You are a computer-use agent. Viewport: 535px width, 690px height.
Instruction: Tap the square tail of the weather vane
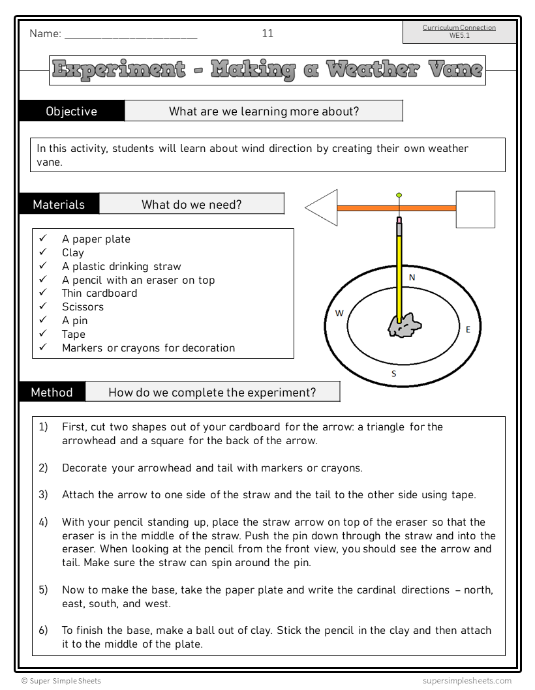point(475,209)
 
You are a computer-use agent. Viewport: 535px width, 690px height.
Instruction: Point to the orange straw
point(396,209)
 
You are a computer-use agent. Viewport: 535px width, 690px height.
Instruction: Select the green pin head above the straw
point(399,195)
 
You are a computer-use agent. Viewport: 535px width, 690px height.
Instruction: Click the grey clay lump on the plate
point(405,325)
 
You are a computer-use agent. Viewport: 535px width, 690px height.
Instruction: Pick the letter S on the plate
point(393,374)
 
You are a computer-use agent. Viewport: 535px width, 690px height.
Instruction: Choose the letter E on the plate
point(468,330)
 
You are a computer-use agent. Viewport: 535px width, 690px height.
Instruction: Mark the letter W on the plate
point(339,314)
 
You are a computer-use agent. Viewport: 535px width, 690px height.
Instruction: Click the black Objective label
point(72,112)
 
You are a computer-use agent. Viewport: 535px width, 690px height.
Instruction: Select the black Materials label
point(59,205)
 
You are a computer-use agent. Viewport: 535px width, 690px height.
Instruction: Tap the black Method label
point(52,393)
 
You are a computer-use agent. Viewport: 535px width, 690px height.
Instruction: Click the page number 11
point(267,34)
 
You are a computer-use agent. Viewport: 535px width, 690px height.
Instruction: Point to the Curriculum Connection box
point(459,32)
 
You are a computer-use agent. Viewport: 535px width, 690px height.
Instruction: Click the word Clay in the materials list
point(73,253)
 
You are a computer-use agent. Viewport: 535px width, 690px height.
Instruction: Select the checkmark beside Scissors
point(43,307)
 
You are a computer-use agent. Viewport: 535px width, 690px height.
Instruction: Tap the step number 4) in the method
point(43,522)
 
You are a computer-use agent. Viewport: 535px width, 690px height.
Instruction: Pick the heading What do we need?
point(191,205)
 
